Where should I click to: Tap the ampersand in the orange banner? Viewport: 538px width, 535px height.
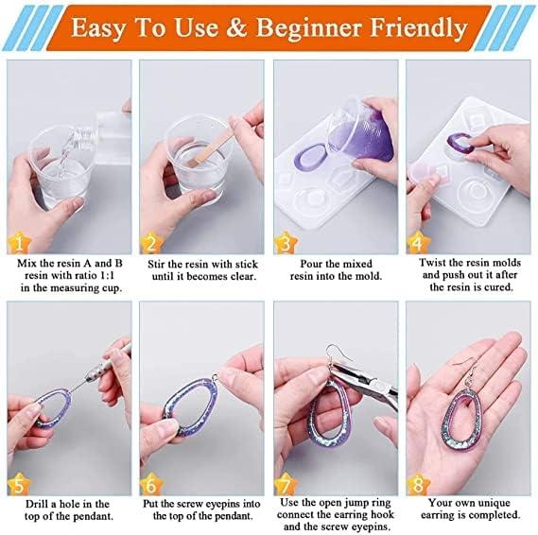point(236,27)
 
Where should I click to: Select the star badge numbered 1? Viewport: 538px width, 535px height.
point(19,243)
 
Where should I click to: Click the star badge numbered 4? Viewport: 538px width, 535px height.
point(418,243)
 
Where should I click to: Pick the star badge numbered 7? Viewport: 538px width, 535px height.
point(286,484)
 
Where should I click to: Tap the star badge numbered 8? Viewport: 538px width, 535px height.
point(418,484)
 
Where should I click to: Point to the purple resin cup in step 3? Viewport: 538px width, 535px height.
point(360,132)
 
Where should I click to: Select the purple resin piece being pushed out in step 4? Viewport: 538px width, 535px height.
point(460,145)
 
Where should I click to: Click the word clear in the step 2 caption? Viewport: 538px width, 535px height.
point(243,276)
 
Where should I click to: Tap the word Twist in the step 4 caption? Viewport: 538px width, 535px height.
point(432,263)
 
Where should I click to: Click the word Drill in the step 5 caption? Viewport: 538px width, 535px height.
point(37,504)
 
